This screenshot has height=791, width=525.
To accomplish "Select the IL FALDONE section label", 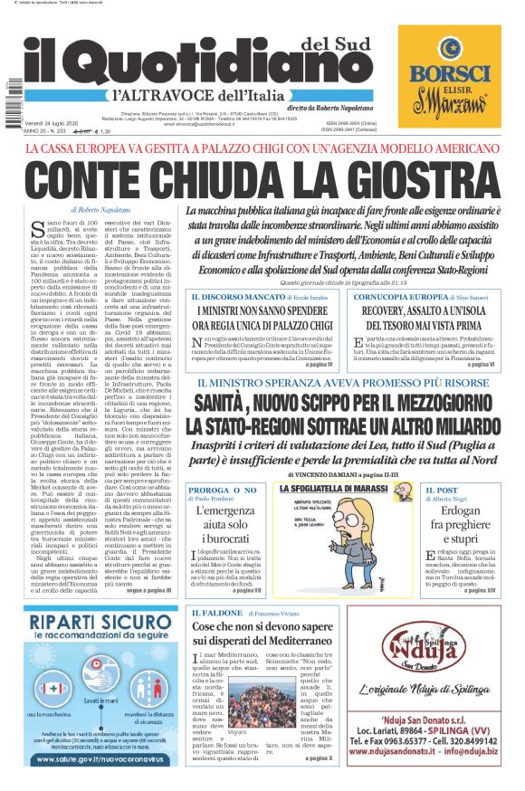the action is (x=216, y=613).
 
